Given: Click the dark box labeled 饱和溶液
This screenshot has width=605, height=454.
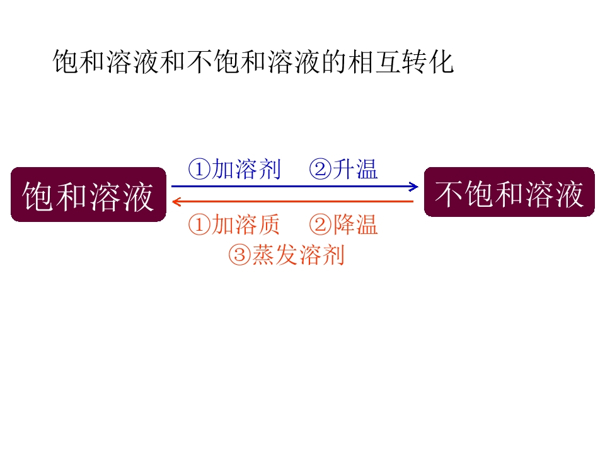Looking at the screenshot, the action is click(88, 195).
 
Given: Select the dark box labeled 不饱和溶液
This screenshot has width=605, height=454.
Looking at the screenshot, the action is click(509, 192).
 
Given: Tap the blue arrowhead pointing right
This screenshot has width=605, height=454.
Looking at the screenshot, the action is click(413, 187).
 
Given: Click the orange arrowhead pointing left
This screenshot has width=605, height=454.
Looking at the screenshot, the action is click(176, 202).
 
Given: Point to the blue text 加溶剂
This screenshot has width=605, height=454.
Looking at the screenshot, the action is click(246, 169).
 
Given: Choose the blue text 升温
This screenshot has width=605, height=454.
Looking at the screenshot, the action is click(355, 169).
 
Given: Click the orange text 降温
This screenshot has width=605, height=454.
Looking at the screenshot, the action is click(355, 224).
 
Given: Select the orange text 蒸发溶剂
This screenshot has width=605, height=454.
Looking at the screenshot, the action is click(298, 255).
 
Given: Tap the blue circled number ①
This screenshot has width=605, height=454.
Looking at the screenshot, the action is click(200, 170).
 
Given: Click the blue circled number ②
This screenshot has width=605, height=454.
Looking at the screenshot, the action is click(320, 170).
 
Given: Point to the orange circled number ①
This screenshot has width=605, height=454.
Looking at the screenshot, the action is click(200, 225).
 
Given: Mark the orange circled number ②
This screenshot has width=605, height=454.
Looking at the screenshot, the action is click(320, 225).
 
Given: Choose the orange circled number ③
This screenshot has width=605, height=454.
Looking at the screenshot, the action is click(239, 255).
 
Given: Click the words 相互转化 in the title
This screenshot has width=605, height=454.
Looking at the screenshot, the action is click(401, 62).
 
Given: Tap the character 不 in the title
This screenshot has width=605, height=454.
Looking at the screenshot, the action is click(200, 62).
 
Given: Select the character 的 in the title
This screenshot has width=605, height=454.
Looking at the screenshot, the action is click(334, 62).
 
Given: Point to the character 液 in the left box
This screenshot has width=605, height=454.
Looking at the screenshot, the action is click(139, 197).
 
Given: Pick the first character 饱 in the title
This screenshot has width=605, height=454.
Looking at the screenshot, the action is click(66, 62).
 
